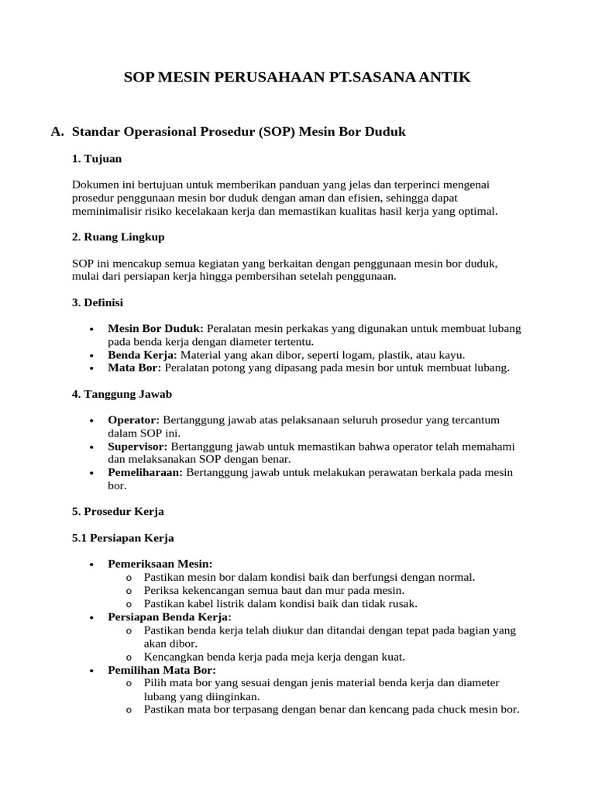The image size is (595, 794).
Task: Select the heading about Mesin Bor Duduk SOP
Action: [239, 132]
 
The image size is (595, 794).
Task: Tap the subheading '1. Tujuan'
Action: [97, 158]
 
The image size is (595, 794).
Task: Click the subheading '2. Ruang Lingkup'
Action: [118, 236]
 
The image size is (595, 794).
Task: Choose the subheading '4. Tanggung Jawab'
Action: [122, 393]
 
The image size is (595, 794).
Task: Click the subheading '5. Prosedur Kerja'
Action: [118, 512]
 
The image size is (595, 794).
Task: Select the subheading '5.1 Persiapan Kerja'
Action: [122, 537]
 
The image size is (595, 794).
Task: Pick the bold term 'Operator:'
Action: [133, 419]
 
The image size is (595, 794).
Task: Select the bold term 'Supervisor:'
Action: [137, 447]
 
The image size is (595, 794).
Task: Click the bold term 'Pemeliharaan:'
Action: [145, 472]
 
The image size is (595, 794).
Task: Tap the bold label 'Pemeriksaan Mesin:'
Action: [160, 564]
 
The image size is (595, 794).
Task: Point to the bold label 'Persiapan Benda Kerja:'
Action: [169, 616]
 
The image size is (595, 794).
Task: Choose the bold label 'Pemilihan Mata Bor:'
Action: [161, 669]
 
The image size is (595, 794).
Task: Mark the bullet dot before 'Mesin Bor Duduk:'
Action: [92, 329]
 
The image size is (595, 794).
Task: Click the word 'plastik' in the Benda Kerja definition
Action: [391, 354]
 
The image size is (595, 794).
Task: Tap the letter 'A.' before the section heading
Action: [57, 132]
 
